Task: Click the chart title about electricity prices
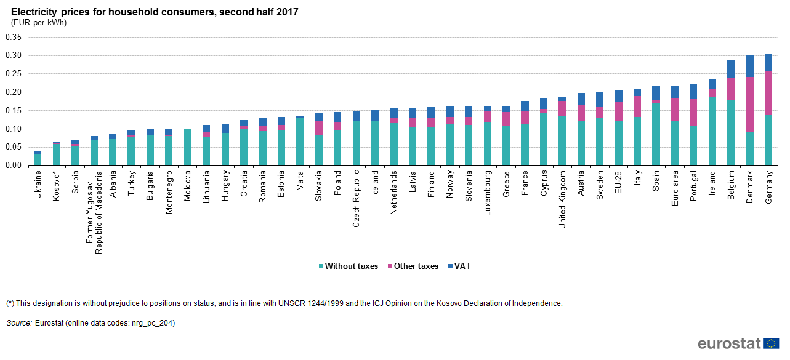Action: click(155, 12)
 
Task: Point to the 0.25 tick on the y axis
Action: click(13, 74)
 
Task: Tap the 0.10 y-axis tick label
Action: click(13, 129)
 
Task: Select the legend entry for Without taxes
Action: click(348, 266)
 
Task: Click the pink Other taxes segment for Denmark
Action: click(750, 104)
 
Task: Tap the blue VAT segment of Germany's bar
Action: click(768, 62)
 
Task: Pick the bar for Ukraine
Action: click(38, 159)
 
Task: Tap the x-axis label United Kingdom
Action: click(562, 204)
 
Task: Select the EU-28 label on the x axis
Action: click(618, 183)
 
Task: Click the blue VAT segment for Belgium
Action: click(731, 69)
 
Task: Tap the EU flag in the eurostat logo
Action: click(771, 343)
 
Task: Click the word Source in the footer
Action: click(18, 323)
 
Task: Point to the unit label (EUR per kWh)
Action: click(39, 23)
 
